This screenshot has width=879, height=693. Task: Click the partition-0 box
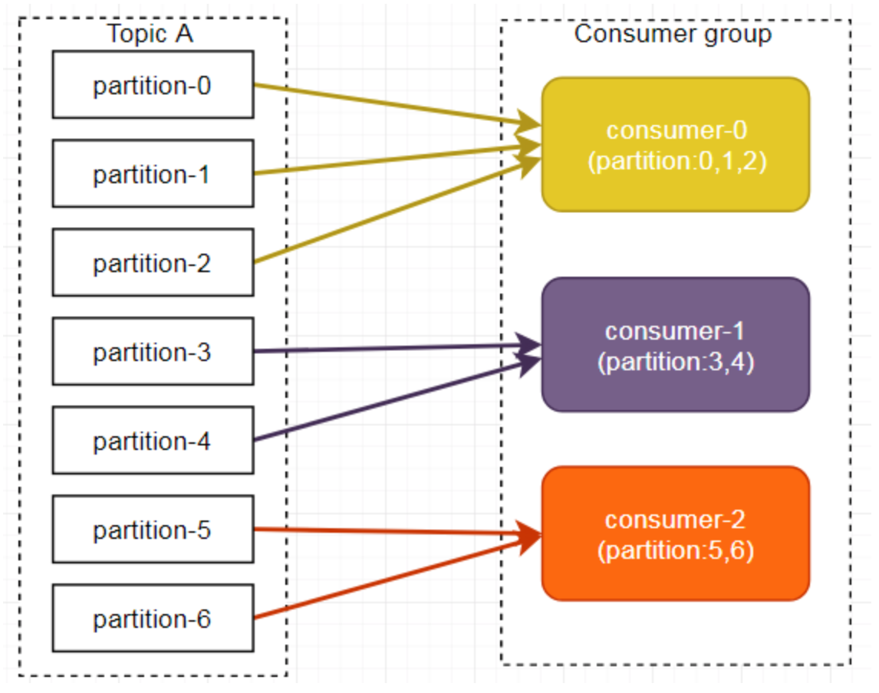(x=153, y=84)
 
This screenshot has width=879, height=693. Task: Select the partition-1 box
(x=153, y=174)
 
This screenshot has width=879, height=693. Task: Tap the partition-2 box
(x=153, y=262)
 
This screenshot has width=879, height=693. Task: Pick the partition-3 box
(x=153, y=351)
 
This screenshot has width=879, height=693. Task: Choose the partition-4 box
(x=153, y=440)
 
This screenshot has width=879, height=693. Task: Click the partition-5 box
(x=153, y=529)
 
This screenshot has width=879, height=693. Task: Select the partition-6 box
(x=153, y=618)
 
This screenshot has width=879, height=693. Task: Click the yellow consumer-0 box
(x=676, y=145)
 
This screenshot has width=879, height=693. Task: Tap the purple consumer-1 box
(x=676, y=344)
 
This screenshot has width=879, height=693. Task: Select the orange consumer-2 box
(x=676, y=534)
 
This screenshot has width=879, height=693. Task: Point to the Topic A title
(x=150, y=34)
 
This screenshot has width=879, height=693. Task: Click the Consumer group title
(x=673, y=34)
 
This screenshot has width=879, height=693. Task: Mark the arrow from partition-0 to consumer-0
(x=397, y=105)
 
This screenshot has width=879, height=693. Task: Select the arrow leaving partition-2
(x=397, y=210)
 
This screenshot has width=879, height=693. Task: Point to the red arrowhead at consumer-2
(x=528, y=536)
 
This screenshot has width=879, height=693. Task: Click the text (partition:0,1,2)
(x=677, y=161)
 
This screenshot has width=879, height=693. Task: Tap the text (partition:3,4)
(x=676, y=362)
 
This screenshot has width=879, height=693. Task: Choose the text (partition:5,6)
(x=676, y=550)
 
